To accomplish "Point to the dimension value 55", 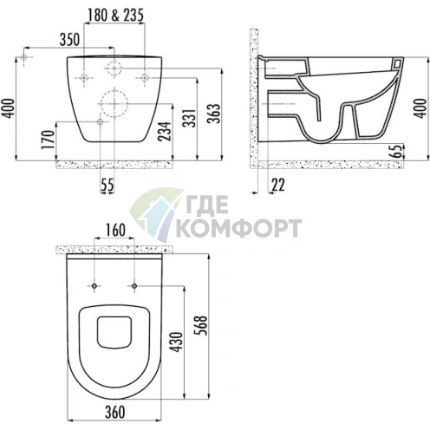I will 107,183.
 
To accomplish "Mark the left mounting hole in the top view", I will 93,285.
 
